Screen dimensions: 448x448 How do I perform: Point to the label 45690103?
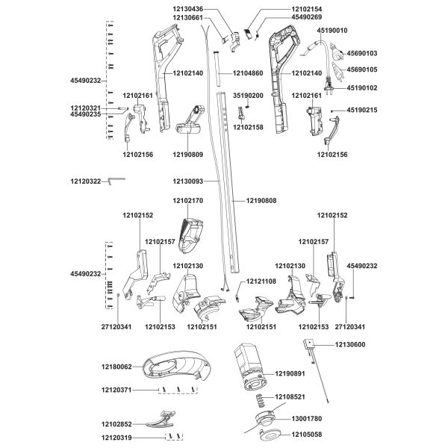[x=362, y=54]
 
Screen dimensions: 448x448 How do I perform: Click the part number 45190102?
[x=362, y=87]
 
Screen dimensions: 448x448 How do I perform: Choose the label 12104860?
[x=248, y=73]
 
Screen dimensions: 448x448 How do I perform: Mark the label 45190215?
[x=362, y=110]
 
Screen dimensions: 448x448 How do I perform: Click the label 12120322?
[x=85, y=181]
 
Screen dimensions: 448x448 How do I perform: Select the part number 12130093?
[x=187, y=181]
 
